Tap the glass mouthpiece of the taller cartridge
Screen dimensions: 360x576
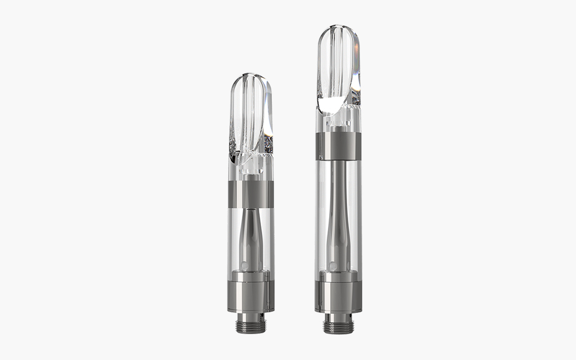tap(338, 70)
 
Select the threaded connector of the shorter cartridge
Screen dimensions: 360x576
tap(251, 319)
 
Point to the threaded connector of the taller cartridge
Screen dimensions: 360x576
tap(338, 323)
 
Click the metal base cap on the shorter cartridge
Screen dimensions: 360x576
tap(251, 290)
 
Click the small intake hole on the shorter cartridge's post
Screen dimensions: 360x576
tap(245, 263)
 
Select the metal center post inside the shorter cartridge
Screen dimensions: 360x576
tap(251, 236)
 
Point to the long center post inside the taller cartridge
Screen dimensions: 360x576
tap(338, 214)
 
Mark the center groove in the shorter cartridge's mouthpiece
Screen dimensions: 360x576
tap(250, 112)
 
